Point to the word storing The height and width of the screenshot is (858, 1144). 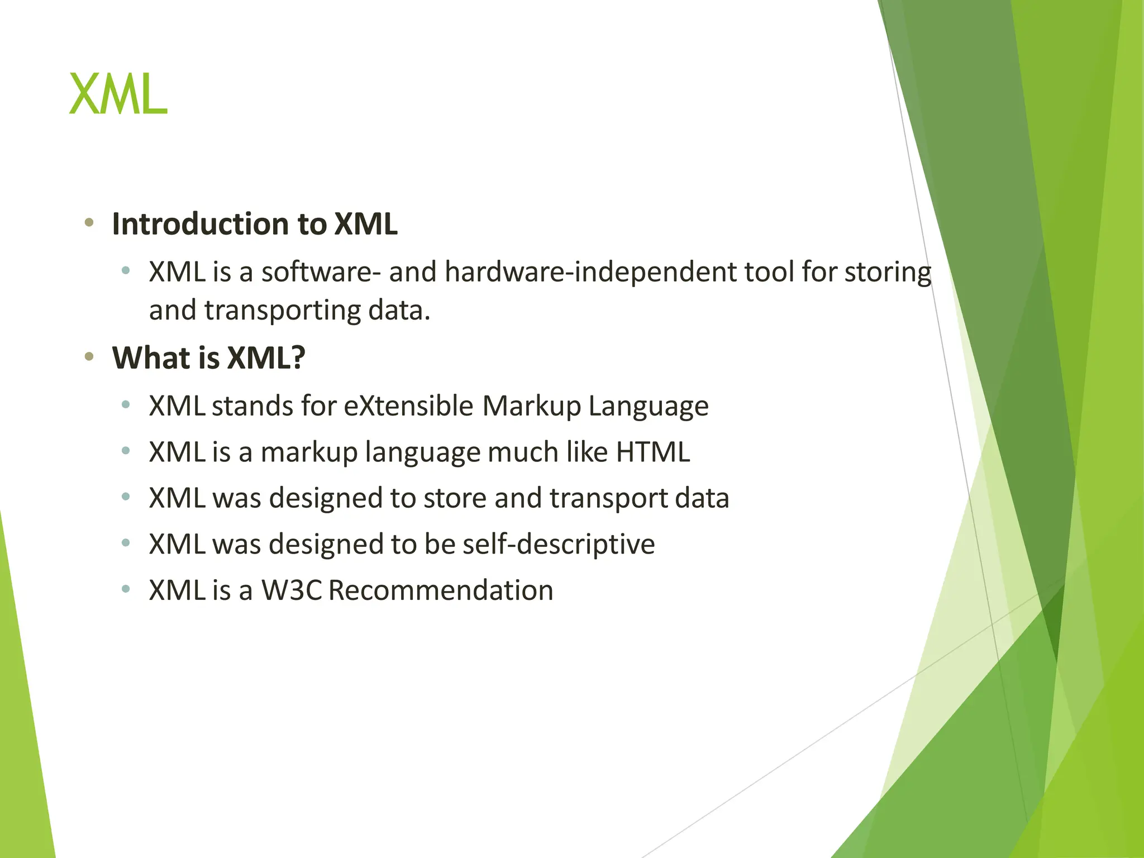tap(888, 272)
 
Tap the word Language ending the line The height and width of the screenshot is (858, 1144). tap(648, 407)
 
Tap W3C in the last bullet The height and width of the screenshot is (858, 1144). tap(292, 590)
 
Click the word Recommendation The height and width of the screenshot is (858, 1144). tap(441, 590)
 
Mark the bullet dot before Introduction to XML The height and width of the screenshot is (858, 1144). tap(89, 223)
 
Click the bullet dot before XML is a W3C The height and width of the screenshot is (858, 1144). tap(126, 588)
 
